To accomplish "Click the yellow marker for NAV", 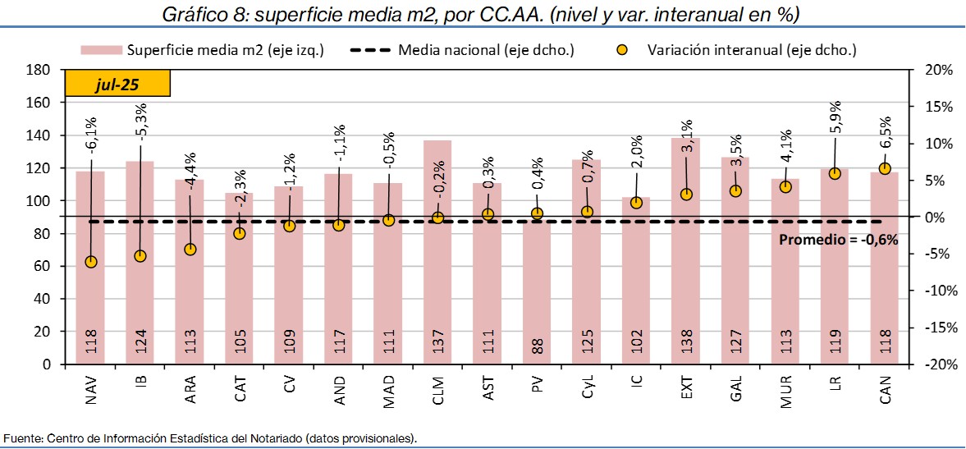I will coord(91,262).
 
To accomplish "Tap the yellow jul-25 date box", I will coord(117,85).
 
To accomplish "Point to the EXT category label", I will coord(686,390).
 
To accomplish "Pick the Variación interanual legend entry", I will coord(739,50).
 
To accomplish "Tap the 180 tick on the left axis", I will coord(40,71).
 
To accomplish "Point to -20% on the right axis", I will coord(937,364).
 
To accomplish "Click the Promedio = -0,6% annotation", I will coord(838,241).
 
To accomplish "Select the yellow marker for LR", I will coord(835,173).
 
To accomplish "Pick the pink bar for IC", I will coord(636,287).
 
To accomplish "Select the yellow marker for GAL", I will coord(735,190).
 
